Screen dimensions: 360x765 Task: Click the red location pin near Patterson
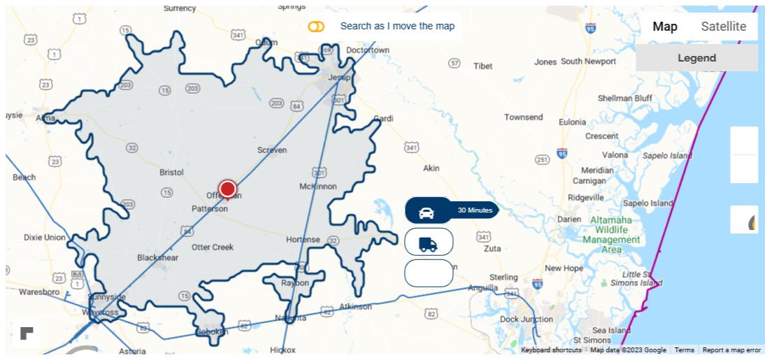coord(227,189)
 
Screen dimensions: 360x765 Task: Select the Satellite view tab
coord(723,27)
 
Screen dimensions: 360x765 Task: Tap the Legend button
coord(696,58)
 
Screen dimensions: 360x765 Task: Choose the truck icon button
coord(428,243)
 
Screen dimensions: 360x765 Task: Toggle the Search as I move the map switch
coord(316,27)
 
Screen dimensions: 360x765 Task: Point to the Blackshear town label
coord(157,257)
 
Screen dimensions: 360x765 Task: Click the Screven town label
coord(272,150)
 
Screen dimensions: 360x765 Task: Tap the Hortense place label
coord(303,240)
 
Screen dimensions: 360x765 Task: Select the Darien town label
coord(569,219)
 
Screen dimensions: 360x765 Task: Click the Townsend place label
coord(524,117)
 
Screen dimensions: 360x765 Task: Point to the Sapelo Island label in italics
coord(667,156)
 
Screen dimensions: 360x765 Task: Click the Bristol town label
coord(171,172)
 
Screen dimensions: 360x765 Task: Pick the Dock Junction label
coord(527,319)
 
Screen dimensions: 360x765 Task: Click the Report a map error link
coord(731,350)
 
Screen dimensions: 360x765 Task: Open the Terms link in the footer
coord(684,350)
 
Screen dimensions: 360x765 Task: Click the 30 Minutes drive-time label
coord(475,210)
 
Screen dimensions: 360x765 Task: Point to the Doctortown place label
coord(368,50)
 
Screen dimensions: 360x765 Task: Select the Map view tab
coord(665,27)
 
